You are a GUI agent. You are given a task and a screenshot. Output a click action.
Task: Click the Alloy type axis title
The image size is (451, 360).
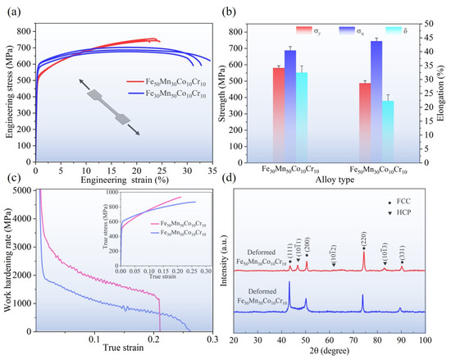(x=338, y=182)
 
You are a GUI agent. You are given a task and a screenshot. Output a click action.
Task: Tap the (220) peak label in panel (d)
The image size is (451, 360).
(x=363, y=235)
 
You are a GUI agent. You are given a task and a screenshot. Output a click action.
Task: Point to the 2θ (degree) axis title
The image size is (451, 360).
(x=329, y=350)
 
